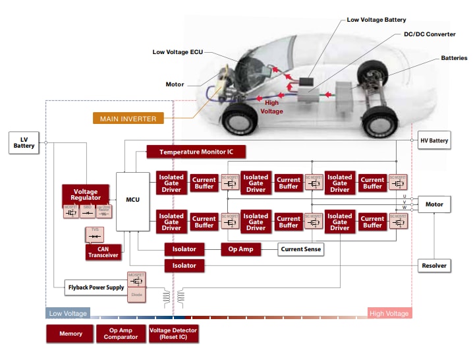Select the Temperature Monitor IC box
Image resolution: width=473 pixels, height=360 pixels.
click(196, 152)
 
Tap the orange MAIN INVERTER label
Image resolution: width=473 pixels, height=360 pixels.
click(128, 119)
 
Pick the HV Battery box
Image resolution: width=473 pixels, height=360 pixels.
click(434, 141)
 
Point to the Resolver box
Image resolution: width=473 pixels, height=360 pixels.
click(434, 266)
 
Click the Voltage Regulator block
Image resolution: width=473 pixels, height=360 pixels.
click(86, 194)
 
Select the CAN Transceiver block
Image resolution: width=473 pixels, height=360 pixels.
click(103, 252)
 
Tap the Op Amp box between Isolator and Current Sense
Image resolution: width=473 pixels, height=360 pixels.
click(240, 249)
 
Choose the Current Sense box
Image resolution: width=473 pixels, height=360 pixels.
click(301, 249)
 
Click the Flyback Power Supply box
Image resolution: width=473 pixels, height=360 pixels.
click(96, 287)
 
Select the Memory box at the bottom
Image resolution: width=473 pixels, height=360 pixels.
click(70, 334)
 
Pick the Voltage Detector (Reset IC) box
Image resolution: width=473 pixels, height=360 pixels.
click(174, 334)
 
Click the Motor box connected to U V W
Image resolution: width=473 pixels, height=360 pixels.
click(434, 204)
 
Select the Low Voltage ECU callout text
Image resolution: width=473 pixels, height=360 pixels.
click(179, 51)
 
